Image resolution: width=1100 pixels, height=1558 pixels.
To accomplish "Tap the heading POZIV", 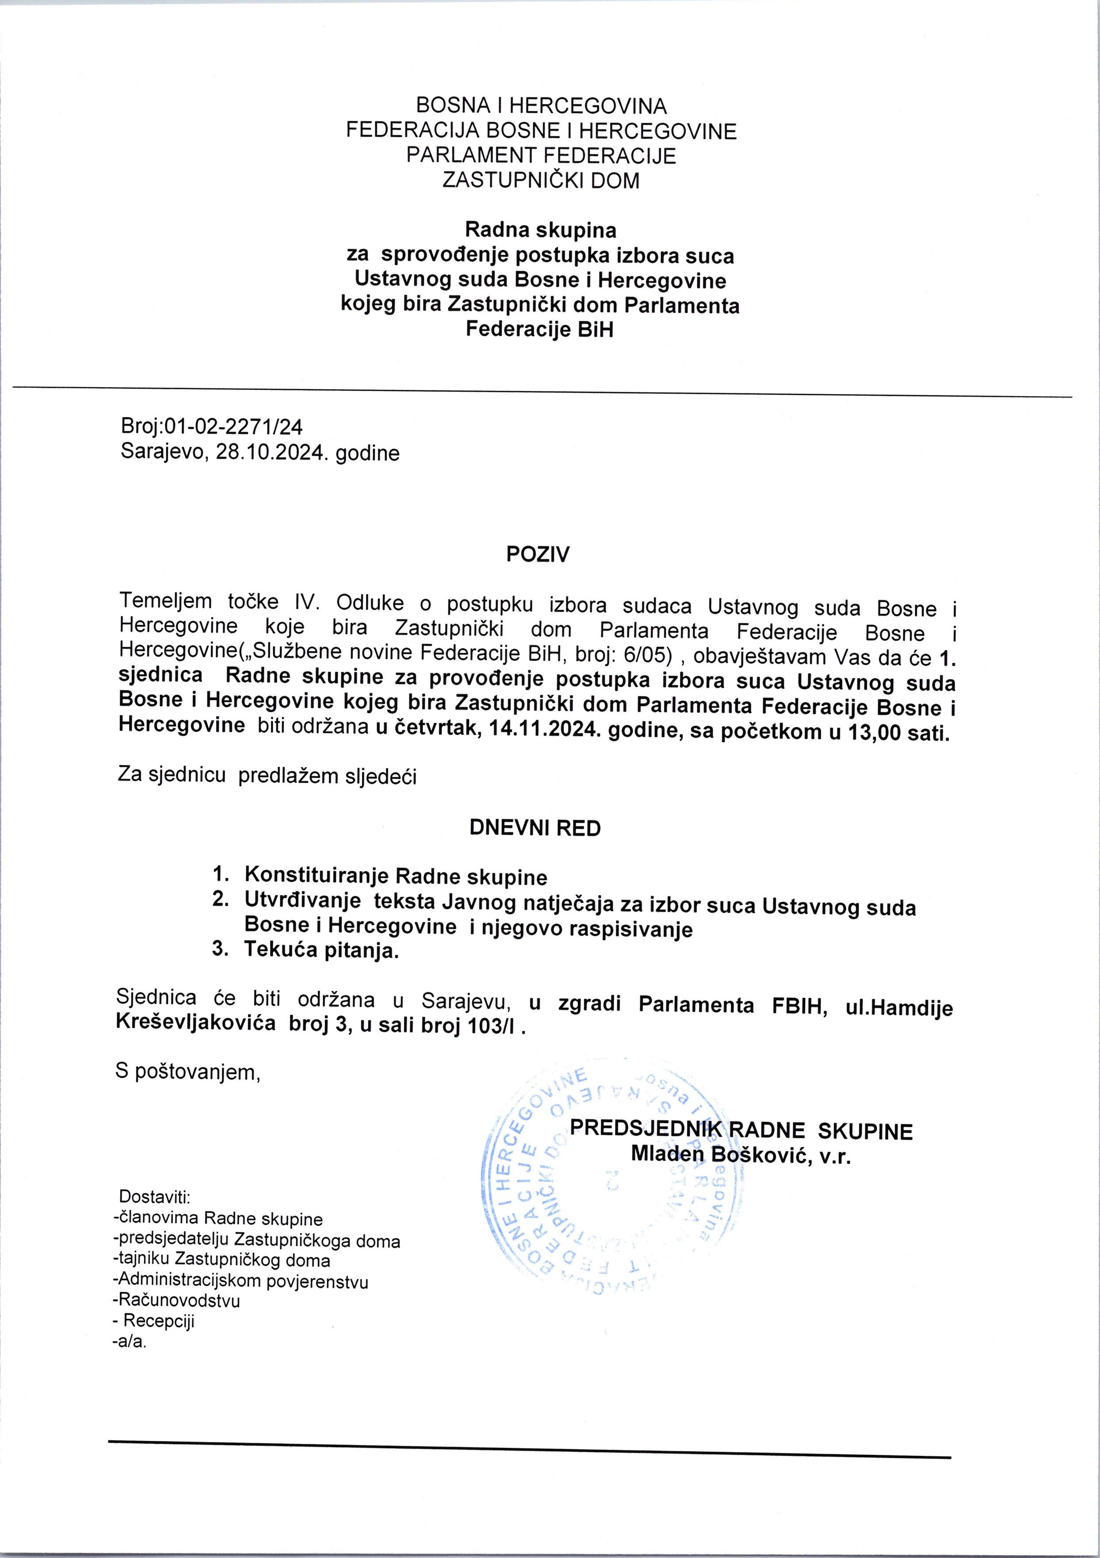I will (x=538, y=555).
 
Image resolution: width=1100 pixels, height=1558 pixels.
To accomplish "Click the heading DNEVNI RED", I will (x=536, y=828).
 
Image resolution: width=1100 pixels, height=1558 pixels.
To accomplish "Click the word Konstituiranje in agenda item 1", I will (x=317, y=876).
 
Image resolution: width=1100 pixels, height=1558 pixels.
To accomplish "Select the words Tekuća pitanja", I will (x=321, y=950).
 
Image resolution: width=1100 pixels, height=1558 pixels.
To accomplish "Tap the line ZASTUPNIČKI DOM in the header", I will (x=541, y=181).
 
